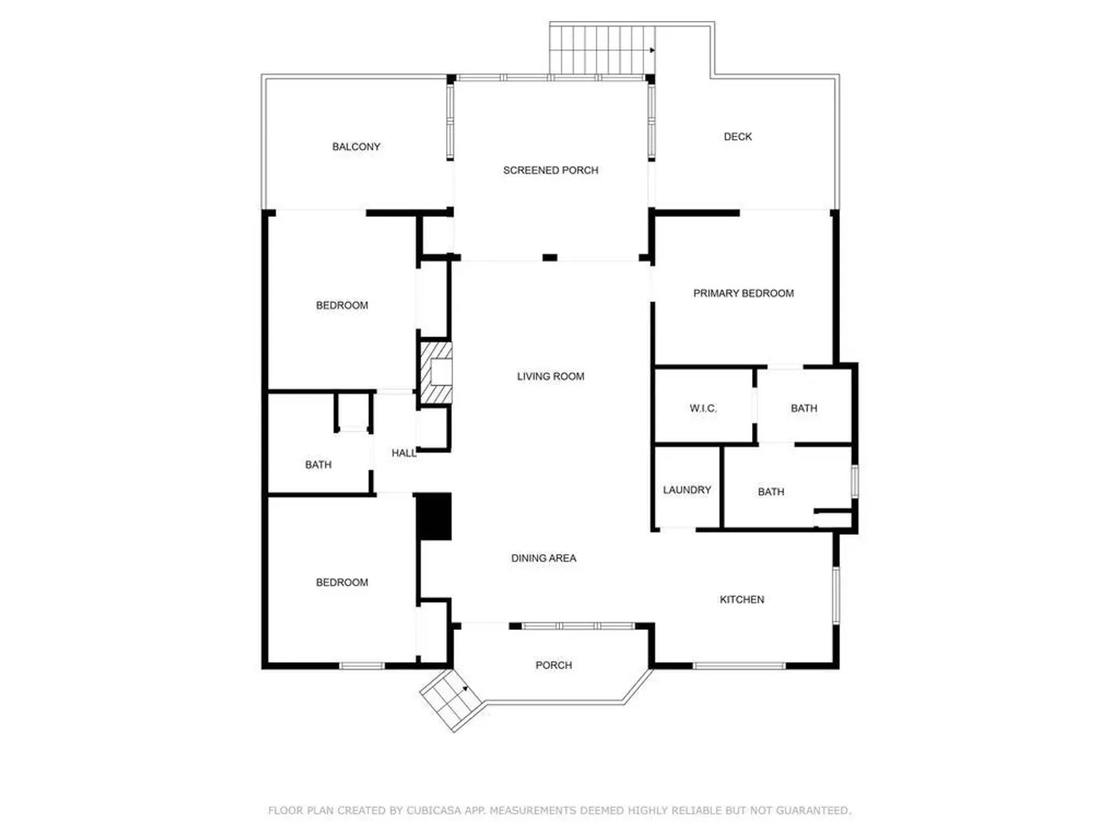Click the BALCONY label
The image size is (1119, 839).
tap(356, 147)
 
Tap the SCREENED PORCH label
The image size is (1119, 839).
tap(551, 170)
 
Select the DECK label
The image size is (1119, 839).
tap(737, 137)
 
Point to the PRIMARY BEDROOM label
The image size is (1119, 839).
tap(744, 293)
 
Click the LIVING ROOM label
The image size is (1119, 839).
tap(551, 377)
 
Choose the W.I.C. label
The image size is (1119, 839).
tap(703, 408)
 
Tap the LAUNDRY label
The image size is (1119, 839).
tap(687, 489)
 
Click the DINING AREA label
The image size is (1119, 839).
tap(543, 558)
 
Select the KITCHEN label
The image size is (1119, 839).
tap(742, 600)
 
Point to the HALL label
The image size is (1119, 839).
tap(404, 453)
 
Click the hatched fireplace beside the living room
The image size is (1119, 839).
tap(436, 373)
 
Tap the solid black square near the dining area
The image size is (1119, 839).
tap(434, 516)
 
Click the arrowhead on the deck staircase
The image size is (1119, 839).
tap(652, 50)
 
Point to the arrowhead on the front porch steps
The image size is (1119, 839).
tap(465, 689)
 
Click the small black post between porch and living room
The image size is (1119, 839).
tap(549, 258)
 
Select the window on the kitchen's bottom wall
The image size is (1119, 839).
tap(739, 666)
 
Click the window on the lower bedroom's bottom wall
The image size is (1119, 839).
tap(361, 666)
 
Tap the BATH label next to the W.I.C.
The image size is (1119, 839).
tap(804, 408)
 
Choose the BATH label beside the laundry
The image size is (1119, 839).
tap(771, 492)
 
